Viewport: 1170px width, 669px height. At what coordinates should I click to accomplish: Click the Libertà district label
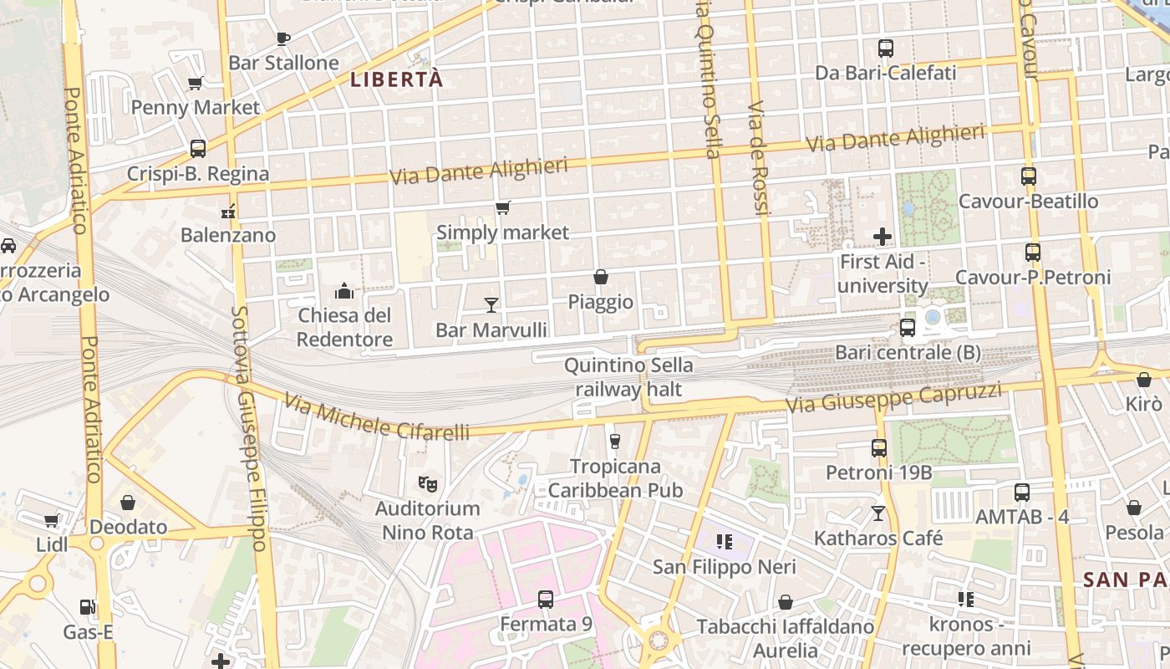tap(395, 80)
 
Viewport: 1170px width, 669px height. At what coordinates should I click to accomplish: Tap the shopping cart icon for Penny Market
tap(196, 83)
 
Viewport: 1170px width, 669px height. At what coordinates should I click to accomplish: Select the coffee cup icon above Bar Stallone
tap(282, 38)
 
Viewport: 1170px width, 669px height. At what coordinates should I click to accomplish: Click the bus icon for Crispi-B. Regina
tap(198, 149)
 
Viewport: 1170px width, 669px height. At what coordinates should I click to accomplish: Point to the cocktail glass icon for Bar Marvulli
tap(491, 305)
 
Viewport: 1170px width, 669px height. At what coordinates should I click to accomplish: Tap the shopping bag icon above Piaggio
tap(600, 277)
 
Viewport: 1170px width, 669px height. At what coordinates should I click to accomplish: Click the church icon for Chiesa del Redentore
tap(344, 292)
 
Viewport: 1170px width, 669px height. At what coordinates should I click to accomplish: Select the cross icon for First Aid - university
tap(883, 237)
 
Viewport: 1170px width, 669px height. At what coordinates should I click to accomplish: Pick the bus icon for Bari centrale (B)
tap(908, 328)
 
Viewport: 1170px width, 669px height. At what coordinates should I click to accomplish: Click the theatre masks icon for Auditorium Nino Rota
tap(427, 483)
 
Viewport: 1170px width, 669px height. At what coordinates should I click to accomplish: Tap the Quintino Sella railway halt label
tap(628, 377)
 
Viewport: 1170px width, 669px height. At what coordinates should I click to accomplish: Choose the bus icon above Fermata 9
tap(546, 599)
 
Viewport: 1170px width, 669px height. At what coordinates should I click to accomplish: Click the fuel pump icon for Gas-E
tap(87, 607)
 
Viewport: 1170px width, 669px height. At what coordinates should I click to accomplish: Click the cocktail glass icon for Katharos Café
tap(878, 513)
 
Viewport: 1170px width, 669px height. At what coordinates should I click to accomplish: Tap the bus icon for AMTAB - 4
tap(1022, 493)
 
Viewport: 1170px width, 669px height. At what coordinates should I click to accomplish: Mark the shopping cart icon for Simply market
tap(502, 208)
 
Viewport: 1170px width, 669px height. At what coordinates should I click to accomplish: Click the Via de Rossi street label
tap(758, 159)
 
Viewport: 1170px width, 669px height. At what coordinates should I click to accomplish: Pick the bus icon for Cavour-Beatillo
tap(1028, 176)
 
